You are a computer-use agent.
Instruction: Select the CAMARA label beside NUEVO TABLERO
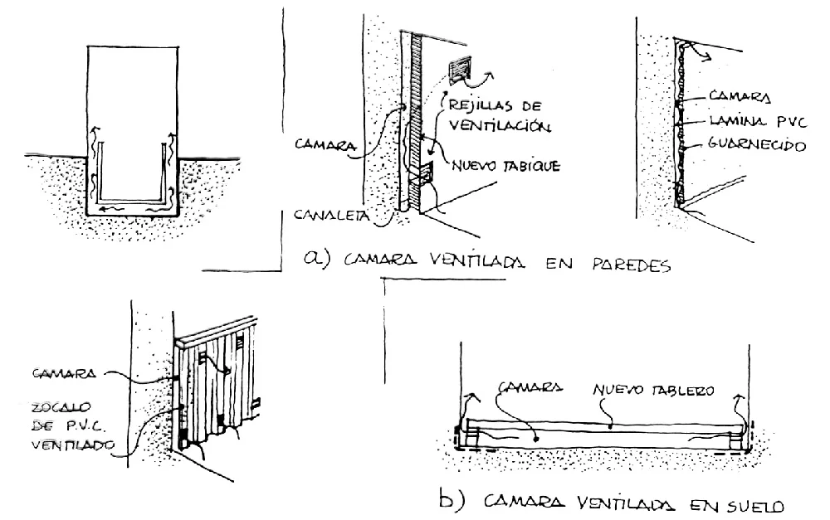(x=530, y=386)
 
